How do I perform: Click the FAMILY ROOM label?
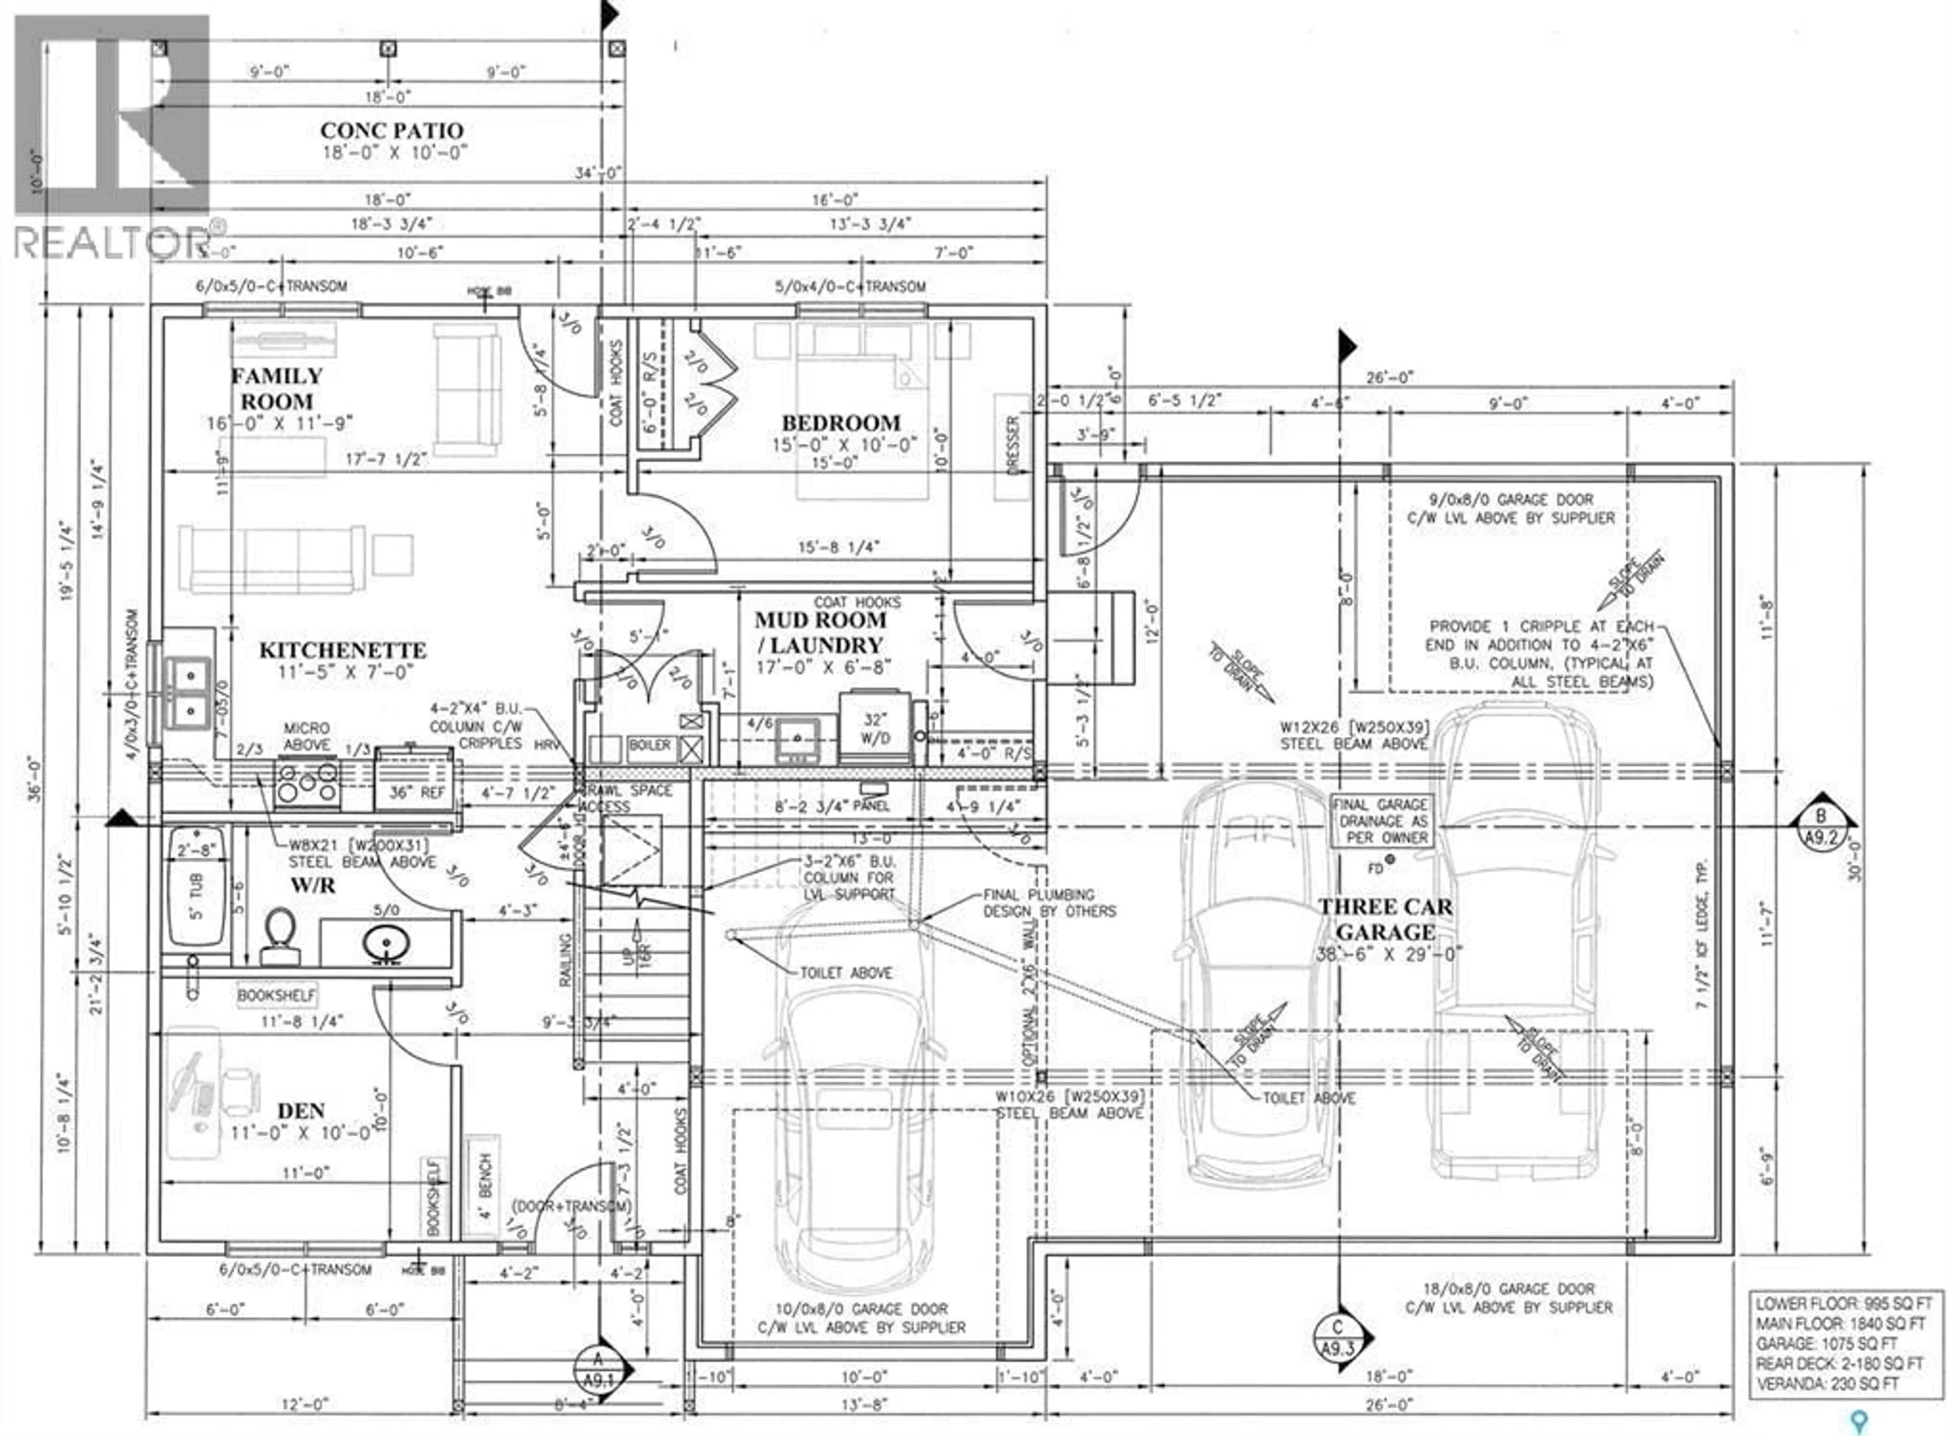click(x=277, y=389)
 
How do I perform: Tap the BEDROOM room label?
click(x=840, y=423)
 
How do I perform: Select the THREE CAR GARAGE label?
click(x=1386, y=919)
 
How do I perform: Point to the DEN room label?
click(x=300, y=1111)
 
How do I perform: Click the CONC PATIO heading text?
click(x=392, y=131)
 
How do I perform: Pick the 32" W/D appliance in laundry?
click(x=875, y=728)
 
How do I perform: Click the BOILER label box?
click(x=649, y=746)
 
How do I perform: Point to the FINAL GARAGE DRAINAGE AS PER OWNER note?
click(x=1383, y=821)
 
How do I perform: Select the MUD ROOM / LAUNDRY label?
click(x=820, y=633)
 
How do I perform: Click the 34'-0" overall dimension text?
click(x=600, y=174)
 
